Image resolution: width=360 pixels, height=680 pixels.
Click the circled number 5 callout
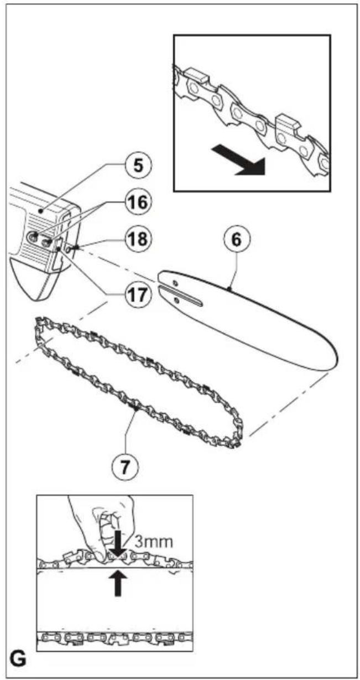point(138,167)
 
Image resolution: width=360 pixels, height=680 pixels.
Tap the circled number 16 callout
point(138,202)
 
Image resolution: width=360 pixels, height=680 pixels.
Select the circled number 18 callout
point(138,238)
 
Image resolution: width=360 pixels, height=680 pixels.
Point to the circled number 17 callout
point(138,294)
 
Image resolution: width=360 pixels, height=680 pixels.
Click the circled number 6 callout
point(237,240)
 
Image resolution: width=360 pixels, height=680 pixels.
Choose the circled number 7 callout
point(125,467)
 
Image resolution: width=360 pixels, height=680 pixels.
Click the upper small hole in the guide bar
point(175,283)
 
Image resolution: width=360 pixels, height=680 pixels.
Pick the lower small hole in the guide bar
point(176,300)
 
